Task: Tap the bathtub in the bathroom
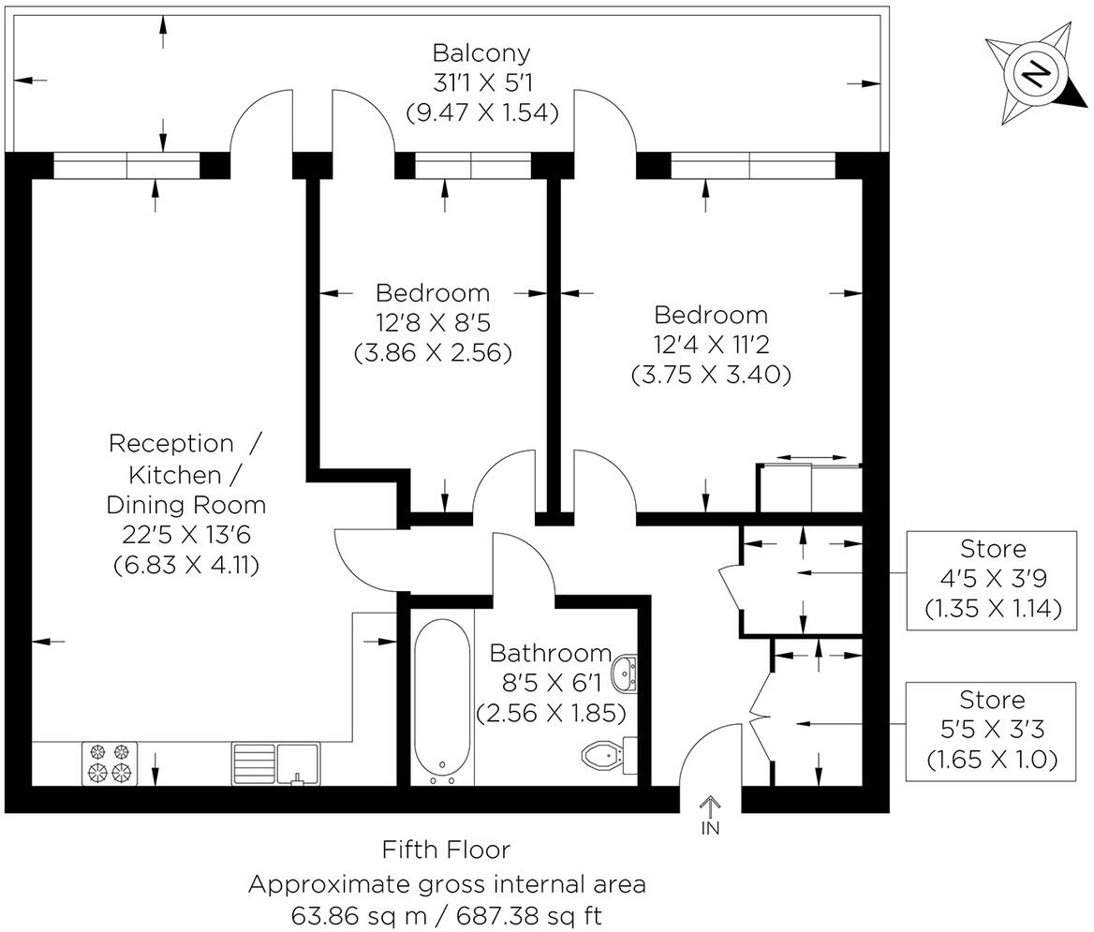[x=441, y=699]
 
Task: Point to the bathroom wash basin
[x=625, y=673]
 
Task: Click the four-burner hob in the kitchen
[x=110, y=762]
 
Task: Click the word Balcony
[x=481, y=52]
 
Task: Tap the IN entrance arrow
[x=710, y=813]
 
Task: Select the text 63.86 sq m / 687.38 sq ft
[x=446, y=915]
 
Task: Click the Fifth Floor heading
[x=446, y=850]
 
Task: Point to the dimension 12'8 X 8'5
[x=433, y=323]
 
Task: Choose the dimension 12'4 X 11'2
[x=712, y=345]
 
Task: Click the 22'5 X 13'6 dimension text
[x=185, y=535]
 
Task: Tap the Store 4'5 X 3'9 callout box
[x=993, y=579]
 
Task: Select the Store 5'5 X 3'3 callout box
[x=993, y=731]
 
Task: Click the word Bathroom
[x=550, y=652]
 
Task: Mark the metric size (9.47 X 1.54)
[x=481, y=112]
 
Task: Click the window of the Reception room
[x=126, y=165]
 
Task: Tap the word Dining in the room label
[x=148, y=505]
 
